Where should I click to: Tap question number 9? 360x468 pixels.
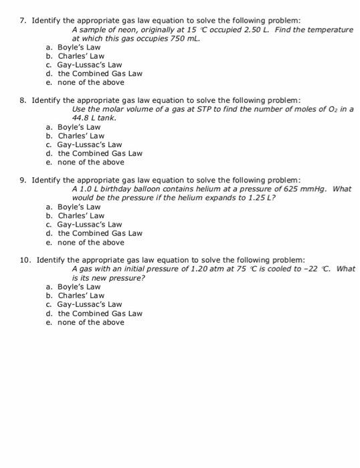point(22,180)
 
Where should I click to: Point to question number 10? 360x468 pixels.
point(24,260)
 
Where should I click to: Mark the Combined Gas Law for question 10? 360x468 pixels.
point(100,314)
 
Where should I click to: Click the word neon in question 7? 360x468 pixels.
point(122,30)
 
